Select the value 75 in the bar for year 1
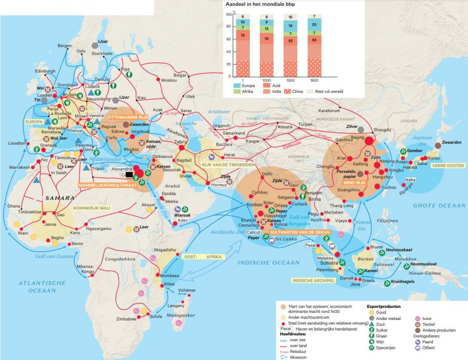click(x=243, y=35)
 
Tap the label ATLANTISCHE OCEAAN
click(x=42, y=286)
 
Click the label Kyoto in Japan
click(x=434, y=158)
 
